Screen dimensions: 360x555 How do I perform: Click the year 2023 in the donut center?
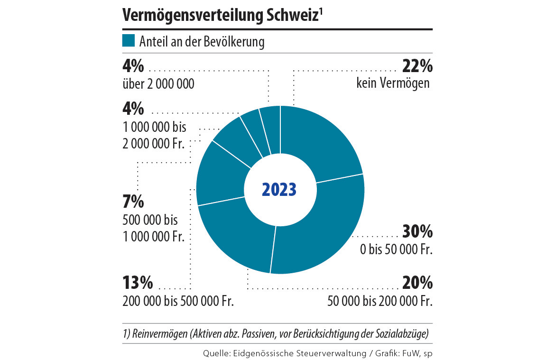[x=279, y=190]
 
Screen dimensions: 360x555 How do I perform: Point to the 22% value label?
[x=417, y=66]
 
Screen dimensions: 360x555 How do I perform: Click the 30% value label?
[x=417, y=232]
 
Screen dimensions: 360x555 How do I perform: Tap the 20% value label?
[x=417, y=284]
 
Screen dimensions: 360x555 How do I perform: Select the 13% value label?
[x=137, y=284]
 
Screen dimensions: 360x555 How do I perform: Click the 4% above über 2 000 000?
[x=132, y=66]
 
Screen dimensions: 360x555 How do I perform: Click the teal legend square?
[x=129, y=41]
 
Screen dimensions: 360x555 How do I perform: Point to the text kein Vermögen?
[x=393, y=83]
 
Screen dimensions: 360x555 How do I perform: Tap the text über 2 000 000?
[x=158, y=84]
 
